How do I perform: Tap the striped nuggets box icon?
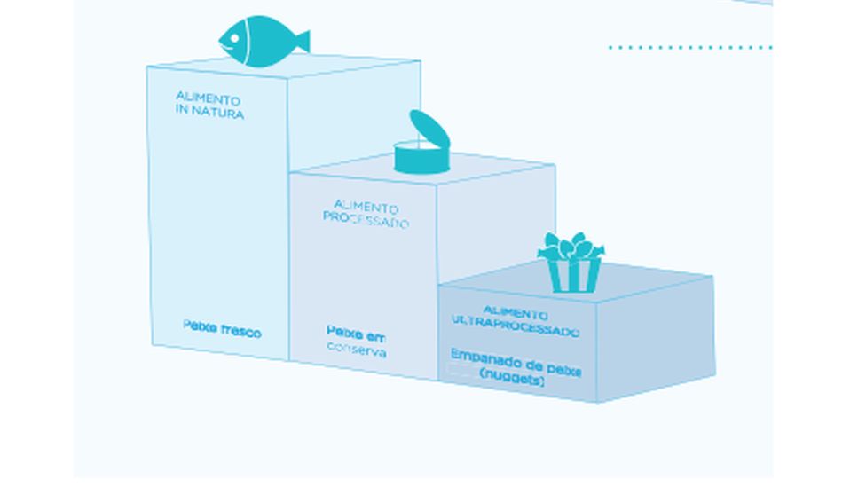[572, 263]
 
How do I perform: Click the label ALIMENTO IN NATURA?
[209, 104]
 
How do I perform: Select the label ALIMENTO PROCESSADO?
[365, 214]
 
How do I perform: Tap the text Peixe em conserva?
[356, 342]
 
